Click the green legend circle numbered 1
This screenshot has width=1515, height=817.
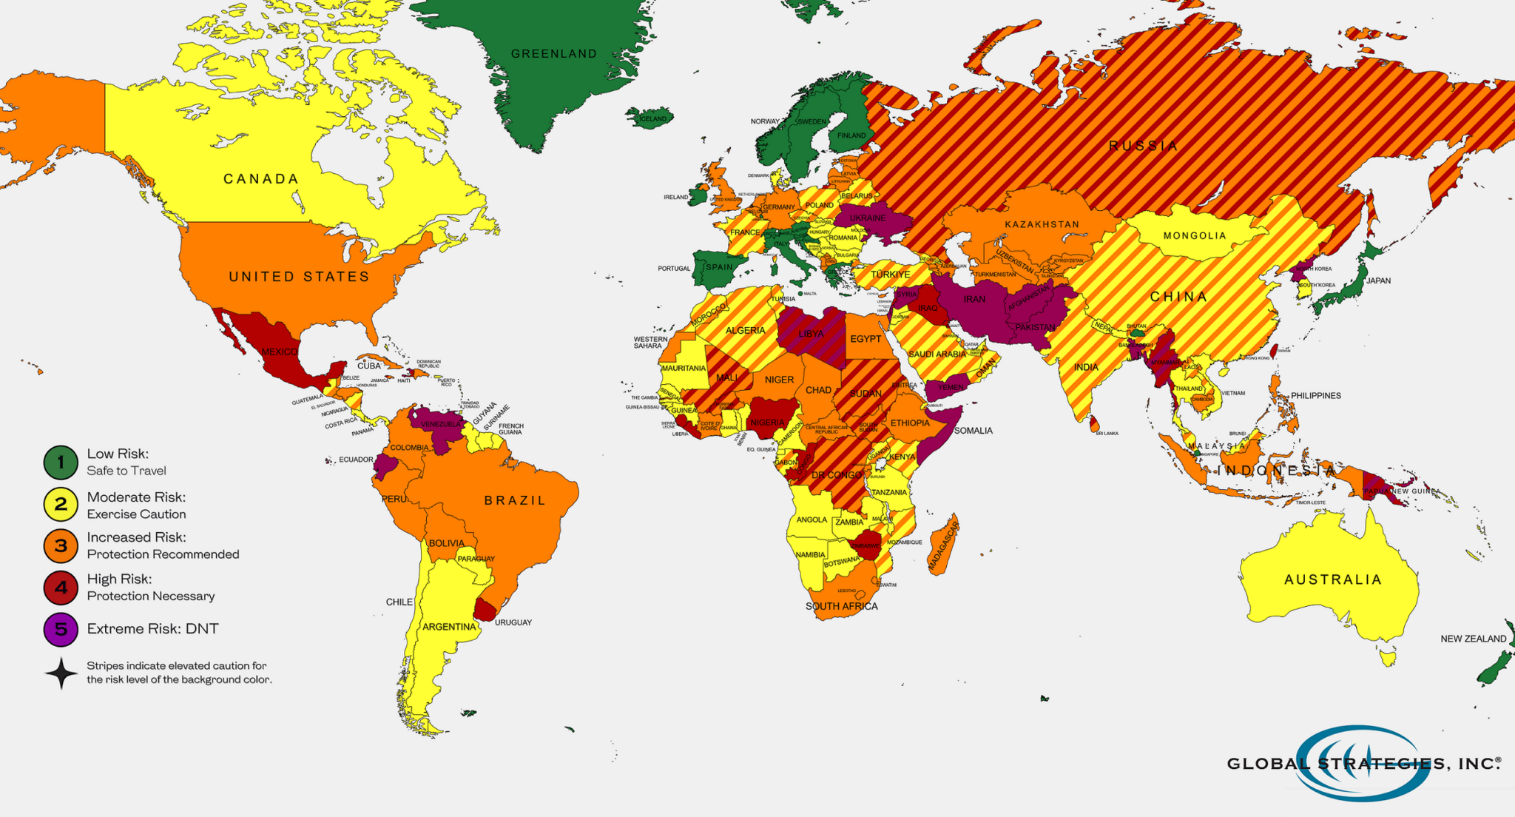(61, 463)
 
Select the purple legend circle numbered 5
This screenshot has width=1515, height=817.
(61, 629)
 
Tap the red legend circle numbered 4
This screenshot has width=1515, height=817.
(61, 588)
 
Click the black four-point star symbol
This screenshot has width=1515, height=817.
(61, 673)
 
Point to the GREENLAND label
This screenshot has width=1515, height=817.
(553, 53)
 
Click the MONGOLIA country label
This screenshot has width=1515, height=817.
(1195, 236)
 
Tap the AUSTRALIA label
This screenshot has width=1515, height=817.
(1333, 579)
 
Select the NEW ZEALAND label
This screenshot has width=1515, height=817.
(1473, 639)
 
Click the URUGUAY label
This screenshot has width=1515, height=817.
(513, 622)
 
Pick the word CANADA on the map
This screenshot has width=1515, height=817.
(261, 179)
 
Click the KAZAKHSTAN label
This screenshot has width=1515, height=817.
(1042, 224)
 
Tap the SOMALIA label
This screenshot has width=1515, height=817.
(973, 431)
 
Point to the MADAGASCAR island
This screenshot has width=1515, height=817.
(943, 546)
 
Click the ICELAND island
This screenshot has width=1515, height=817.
(651, 118)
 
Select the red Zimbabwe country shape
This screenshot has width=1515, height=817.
(866, 546)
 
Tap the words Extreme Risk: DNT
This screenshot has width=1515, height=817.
(152, 629)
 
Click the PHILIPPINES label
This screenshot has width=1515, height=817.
(1326, 396)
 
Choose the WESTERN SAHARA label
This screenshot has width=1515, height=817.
(649, 343)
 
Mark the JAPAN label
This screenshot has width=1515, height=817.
(1378, 281)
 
